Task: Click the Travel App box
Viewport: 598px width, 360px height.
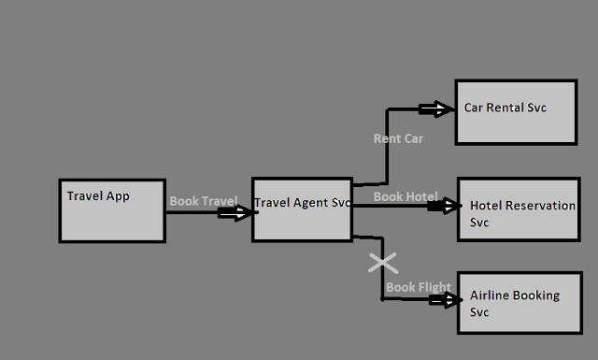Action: pyautogui.click(x=112, y=210)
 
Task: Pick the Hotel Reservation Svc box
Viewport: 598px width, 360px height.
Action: pyautogui.click(x=517, y=211)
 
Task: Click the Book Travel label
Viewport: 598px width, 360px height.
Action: pyautogui.click(x=203, y=201)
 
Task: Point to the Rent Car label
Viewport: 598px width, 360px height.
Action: pyautogui.click(x=399, y=138)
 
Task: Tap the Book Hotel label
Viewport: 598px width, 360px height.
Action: pyautogui.click(x=406, y=196)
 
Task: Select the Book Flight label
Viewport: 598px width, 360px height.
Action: pyautogui.click(x=419, y=287)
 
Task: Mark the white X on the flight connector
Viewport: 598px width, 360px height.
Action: pyautogui.click(x=382, y=263)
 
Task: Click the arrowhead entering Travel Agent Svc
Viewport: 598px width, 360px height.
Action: pyautogui.click(x=240, y=213)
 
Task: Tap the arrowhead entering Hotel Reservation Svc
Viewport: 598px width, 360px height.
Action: pyautogui.click(x=445, y=206)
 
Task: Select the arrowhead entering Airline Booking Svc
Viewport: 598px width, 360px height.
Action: pyautogui.click(x=447, y=300)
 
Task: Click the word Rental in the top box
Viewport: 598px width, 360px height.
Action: pyautogui.click(x=505, y=108)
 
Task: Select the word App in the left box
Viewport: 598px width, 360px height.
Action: pyautogui.click(x=117, y=196)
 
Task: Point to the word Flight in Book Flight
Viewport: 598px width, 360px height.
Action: pyautogui.click(x=433, y=287)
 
